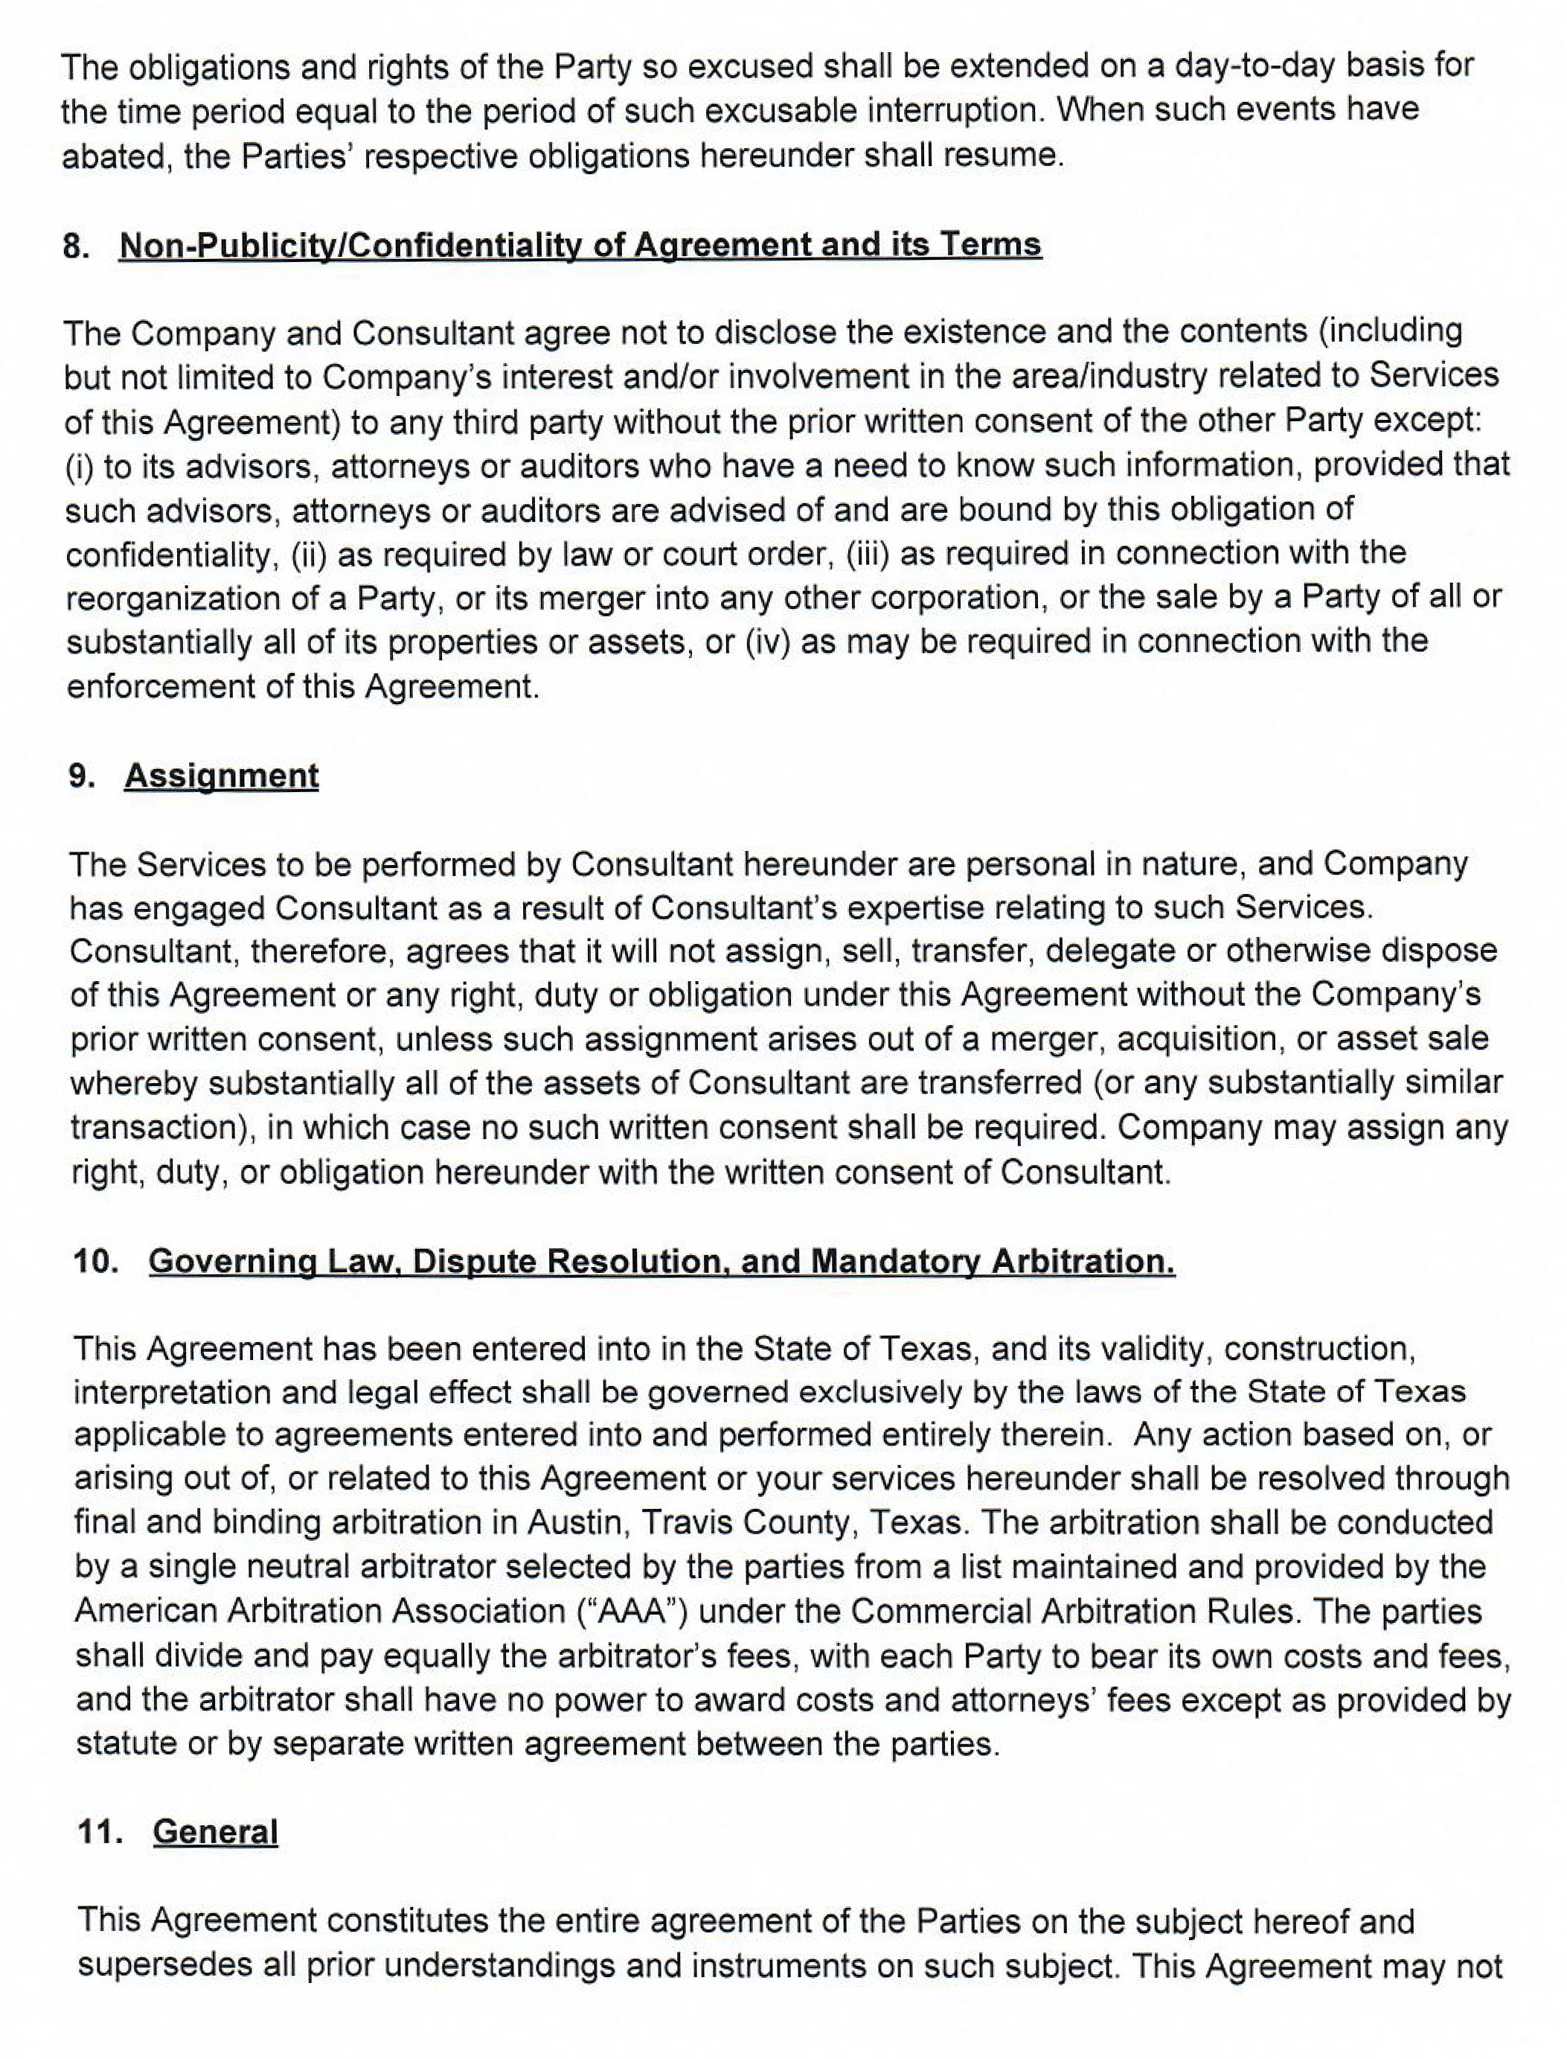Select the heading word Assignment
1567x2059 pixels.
coord(221,777)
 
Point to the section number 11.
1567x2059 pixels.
coord(100,1831)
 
